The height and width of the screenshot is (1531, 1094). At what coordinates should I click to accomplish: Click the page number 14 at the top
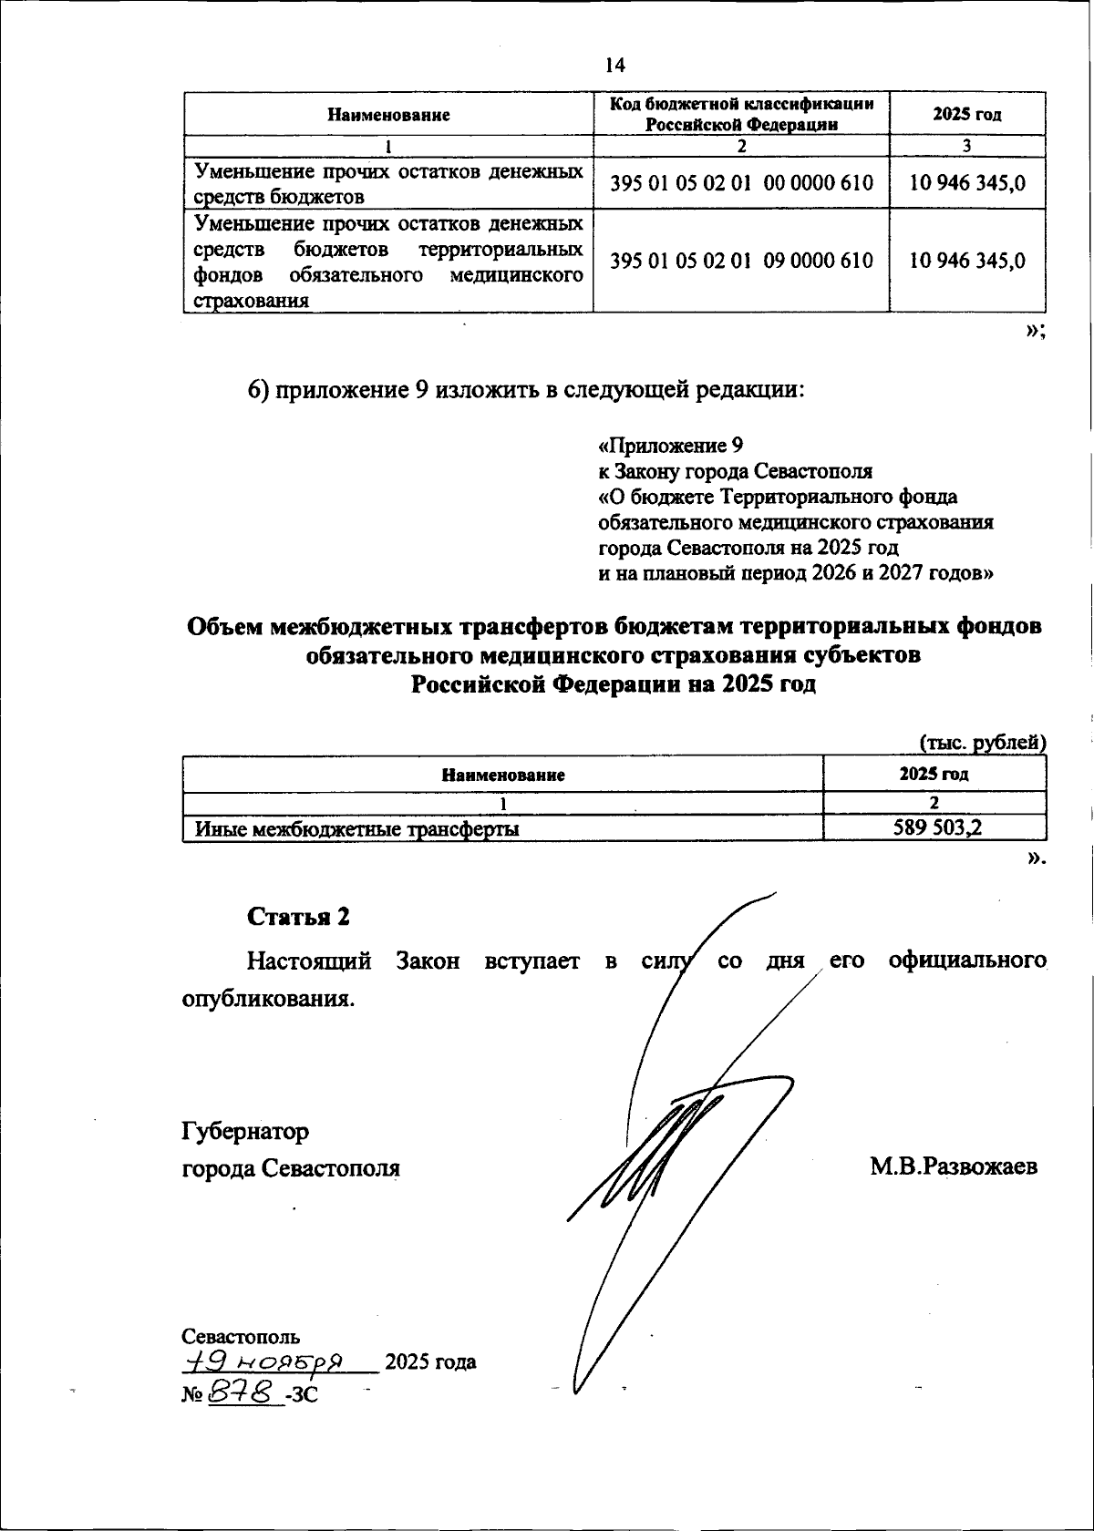614,65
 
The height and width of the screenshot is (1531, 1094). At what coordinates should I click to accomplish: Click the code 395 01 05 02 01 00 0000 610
741,182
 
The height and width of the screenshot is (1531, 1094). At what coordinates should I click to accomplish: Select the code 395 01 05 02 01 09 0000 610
741,261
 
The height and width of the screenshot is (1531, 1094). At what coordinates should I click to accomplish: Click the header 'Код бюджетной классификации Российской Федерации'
741,114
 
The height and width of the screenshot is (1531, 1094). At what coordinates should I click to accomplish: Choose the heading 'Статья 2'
298,916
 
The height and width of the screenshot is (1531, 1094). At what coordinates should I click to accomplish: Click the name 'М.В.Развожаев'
953,1167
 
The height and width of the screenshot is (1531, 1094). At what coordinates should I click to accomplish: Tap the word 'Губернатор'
245,1131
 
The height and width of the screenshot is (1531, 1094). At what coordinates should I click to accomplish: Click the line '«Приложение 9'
670,446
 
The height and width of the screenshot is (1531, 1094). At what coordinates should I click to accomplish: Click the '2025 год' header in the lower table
934,775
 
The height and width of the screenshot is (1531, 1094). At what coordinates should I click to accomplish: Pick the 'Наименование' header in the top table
388,115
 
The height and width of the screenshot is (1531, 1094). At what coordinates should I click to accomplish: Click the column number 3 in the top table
966,146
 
